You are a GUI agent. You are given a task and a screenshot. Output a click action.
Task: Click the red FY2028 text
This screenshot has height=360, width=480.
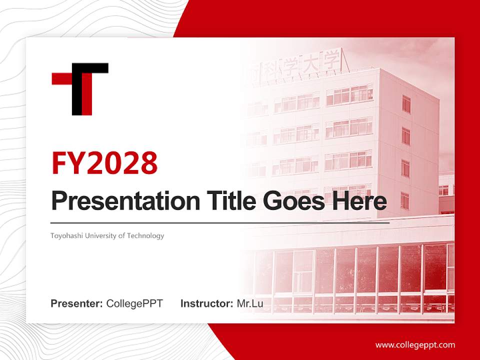(104, 163)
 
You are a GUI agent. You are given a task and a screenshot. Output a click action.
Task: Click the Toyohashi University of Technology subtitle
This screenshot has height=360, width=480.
(107, 235)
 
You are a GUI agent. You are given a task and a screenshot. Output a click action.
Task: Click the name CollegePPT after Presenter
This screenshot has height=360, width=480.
(134, 303)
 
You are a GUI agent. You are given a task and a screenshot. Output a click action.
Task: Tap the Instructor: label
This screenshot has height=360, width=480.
(206, 303)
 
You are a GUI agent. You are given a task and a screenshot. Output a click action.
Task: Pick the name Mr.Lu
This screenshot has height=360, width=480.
(250, 303)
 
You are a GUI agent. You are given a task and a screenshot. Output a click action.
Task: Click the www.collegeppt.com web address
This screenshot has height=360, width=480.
(415, 345)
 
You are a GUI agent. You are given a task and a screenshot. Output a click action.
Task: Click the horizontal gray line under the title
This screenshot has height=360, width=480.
(220, 222)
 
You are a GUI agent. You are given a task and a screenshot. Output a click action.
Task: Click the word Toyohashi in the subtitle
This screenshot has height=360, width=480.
(64, 235)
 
